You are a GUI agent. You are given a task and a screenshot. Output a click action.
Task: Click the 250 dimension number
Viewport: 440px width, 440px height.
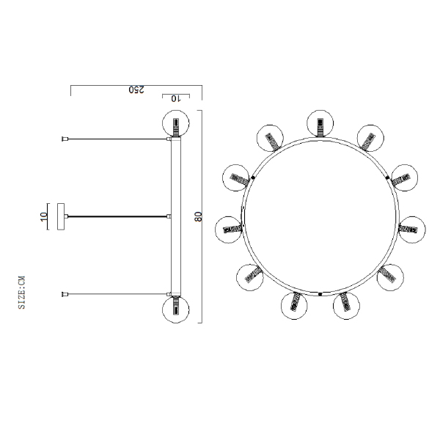pos(136,89)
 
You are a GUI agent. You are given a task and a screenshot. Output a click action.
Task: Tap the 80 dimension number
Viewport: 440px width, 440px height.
pos(199,216)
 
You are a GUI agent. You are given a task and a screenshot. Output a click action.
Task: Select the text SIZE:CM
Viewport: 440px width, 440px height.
pos(21,293)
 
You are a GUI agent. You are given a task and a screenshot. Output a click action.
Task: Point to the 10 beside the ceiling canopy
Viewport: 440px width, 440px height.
pos(43,216)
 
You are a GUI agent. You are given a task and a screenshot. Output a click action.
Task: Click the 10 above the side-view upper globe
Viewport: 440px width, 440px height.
pos(176,98)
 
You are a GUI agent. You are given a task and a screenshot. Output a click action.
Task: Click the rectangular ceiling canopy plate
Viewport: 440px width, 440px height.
pos(61,216)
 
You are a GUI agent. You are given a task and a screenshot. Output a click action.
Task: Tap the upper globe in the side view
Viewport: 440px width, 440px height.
pos(176,123)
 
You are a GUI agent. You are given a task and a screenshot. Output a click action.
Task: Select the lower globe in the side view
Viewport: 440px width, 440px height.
pos(176,309)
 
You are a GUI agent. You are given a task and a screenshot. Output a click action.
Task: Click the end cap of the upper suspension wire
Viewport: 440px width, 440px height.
pos(65,139)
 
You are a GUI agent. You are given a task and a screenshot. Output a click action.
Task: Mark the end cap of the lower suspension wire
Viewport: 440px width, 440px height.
pos(65,294)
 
